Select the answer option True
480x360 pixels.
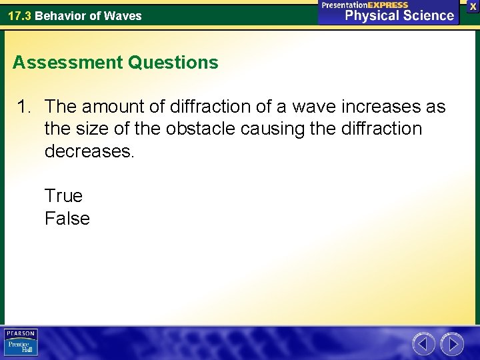[x=63, y=196]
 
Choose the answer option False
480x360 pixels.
[x=67, y=219]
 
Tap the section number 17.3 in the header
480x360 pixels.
[x=19, y=15]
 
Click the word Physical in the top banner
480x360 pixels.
[x=373, y=15]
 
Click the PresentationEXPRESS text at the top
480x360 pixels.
[x=365, y=5]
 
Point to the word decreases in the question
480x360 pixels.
[x=89, y=151]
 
